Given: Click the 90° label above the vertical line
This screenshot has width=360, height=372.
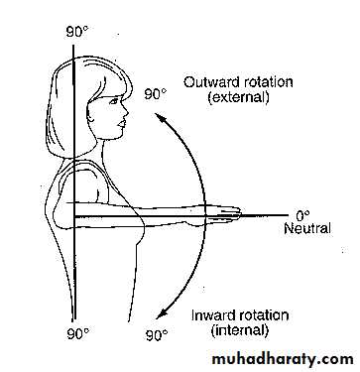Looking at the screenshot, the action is pyautogui.click(x=77, y=32).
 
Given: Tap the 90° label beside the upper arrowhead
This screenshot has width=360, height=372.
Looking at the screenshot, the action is pyautogui.click(x=156, y=94).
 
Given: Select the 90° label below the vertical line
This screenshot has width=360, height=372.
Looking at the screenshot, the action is pyautogui.click(x=78, y=334).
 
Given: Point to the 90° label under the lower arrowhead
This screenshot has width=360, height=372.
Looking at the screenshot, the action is pyautogui.click(x=157, y=336).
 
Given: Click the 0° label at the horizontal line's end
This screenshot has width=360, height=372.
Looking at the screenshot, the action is pyautogui.click(x=302, y=216).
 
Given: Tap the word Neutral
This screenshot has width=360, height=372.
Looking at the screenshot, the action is pyautogui.click(x=307, y=228).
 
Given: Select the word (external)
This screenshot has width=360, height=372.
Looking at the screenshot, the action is pyautogui.click(x=238, y=97).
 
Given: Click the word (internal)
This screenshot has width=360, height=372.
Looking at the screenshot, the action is pyautogui.click(x=240, y=330).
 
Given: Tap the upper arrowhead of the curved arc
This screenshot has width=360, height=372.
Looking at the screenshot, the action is pyautogui.click(x=160, y=118).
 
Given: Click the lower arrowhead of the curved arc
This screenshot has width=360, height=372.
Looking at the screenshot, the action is pyautogui.click(x=162, y=313).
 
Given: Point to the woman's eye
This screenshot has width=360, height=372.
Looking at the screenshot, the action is pyautogui.click(x=114, y=101).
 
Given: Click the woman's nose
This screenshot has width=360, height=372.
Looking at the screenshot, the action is pyautogui.click(x=125, y=112).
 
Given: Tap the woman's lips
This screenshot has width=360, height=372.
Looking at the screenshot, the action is pyautogui.click(x=122, y=124).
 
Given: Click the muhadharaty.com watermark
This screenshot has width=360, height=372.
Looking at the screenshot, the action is pyautogui.click(x=283, y=359).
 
